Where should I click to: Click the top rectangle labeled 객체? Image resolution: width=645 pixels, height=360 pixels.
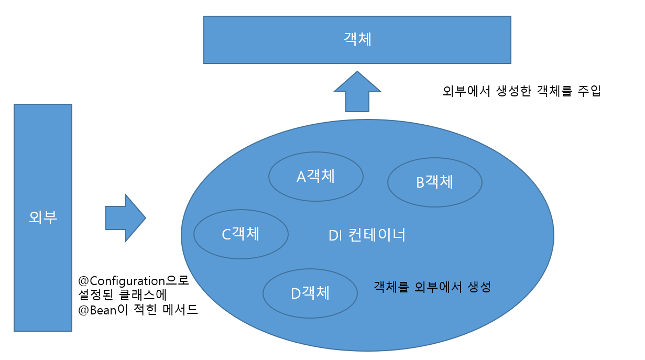pyautogui.click(x=357, y=40)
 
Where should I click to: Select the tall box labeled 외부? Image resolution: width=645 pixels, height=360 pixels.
pyautogui.click(x=43, y=217)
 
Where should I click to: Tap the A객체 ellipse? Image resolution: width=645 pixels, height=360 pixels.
pyautogui.click(x=316, y=177)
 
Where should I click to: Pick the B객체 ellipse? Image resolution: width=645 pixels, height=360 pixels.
pyautogui.click(x=435, y=182)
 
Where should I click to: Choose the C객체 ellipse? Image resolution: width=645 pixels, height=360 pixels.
pyautogui.click(x=241, y=234)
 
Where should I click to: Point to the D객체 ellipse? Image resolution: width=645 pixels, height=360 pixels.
pyautogui.click(x=310, y=293)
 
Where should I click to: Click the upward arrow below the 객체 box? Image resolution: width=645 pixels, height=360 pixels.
pyautogui.click(x=357, y=92)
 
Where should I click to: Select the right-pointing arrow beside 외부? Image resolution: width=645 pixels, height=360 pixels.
pyautogui.click(x=125, y=218)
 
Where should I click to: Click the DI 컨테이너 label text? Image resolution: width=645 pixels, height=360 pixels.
pyautogui.click(x=367, y=235)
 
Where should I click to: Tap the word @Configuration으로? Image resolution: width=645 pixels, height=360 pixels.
pyautogui.click(x=133, y=280)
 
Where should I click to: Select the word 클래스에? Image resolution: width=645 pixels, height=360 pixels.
pyautogui.click(x=142, y=295)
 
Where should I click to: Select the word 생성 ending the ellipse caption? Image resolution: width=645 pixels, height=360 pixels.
pyautogui.click(x=478, y=287)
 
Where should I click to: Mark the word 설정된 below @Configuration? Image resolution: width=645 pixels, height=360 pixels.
pyautogui.click(x=96, y=295)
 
